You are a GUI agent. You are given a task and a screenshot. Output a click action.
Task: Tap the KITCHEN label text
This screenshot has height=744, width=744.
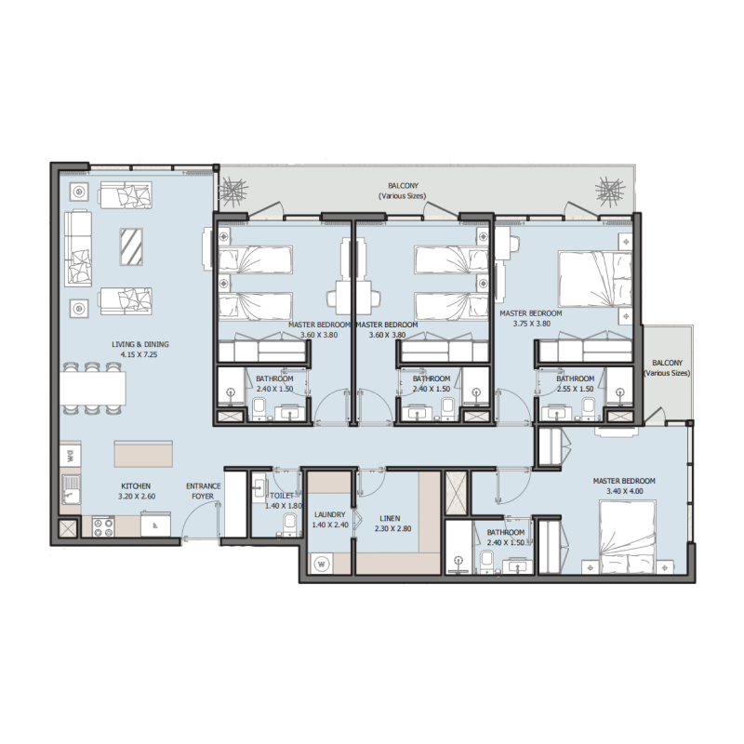click(x=136, y=486)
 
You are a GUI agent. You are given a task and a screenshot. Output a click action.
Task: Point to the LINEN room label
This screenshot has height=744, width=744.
click(x=390, y=517)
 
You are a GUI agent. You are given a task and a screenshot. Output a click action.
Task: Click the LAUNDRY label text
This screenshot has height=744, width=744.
click(x=330, y=514)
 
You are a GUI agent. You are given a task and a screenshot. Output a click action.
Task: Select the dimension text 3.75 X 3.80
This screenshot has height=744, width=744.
click(x=531, y=325)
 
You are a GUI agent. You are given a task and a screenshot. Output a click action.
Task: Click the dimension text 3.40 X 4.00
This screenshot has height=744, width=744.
click(x=625, y=492)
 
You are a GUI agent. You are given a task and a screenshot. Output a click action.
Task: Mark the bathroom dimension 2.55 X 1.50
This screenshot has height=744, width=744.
click(x=576, y=390)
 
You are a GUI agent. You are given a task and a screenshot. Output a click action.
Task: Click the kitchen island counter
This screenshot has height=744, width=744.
click(x=142, y=455)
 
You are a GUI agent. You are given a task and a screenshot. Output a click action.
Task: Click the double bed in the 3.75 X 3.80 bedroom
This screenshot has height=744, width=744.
click(x=596, y=278)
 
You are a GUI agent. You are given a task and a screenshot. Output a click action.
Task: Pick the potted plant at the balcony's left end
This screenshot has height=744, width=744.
click(x=232, y=193)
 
